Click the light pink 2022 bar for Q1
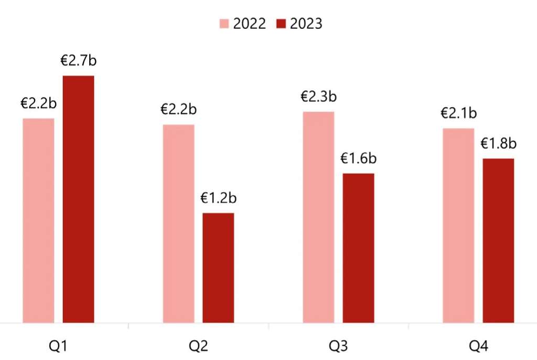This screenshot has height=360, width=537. point(39,220)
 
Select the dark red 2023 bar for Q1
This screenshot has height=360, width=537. point(79,199)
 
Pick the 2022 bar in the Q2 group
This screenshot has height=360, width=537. point(179,224)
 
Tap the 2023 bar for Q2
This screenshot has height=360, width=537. point(218,268)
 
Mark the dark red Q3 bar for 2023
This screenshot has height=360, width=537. point(359,248)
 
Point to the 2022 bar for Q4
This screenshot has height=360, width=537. point(458,225)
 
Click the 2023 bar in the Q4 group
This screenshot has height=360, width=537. point(498,240)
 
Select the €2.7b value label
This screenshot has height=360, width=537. point(79,60)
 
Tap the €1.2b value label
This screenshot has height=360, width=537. point(219,198)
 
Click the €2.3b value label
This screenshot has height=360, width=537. point(318,97)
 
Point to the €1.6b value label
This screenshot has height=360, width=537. point(359,158)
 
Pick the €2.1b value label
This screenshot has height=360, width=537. point(459,113)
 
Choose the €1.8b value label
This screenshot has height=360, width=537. point(499,143)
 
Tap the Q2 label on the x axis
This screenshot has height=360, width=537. point(199,346)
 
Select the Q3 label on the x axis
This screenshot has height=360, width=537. point(338,346)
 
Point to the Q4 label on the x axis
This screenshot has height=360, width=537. point(478,346)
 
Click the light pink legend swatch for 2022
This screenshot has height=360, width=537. point(225,24)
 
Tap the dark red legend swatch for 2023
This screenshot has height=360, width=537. point(281,24)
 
